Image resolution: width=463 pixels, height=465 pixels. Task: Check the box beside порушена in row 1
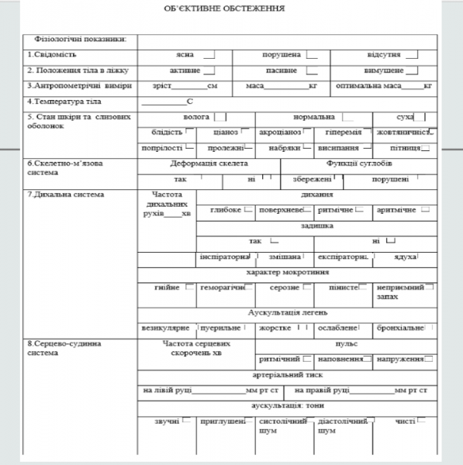(x=312, y=55)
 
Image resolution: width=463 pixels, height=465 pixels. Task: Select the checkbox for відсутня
(x=412, y=55)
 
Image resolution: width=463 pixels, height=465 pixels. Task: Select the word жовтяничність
(x=401, y=132)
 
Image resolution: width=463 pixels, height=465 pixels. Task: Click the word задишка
(x=316, y=226)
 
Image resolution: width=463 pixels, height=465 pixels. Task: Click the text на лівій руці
(x=168, y=389)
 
